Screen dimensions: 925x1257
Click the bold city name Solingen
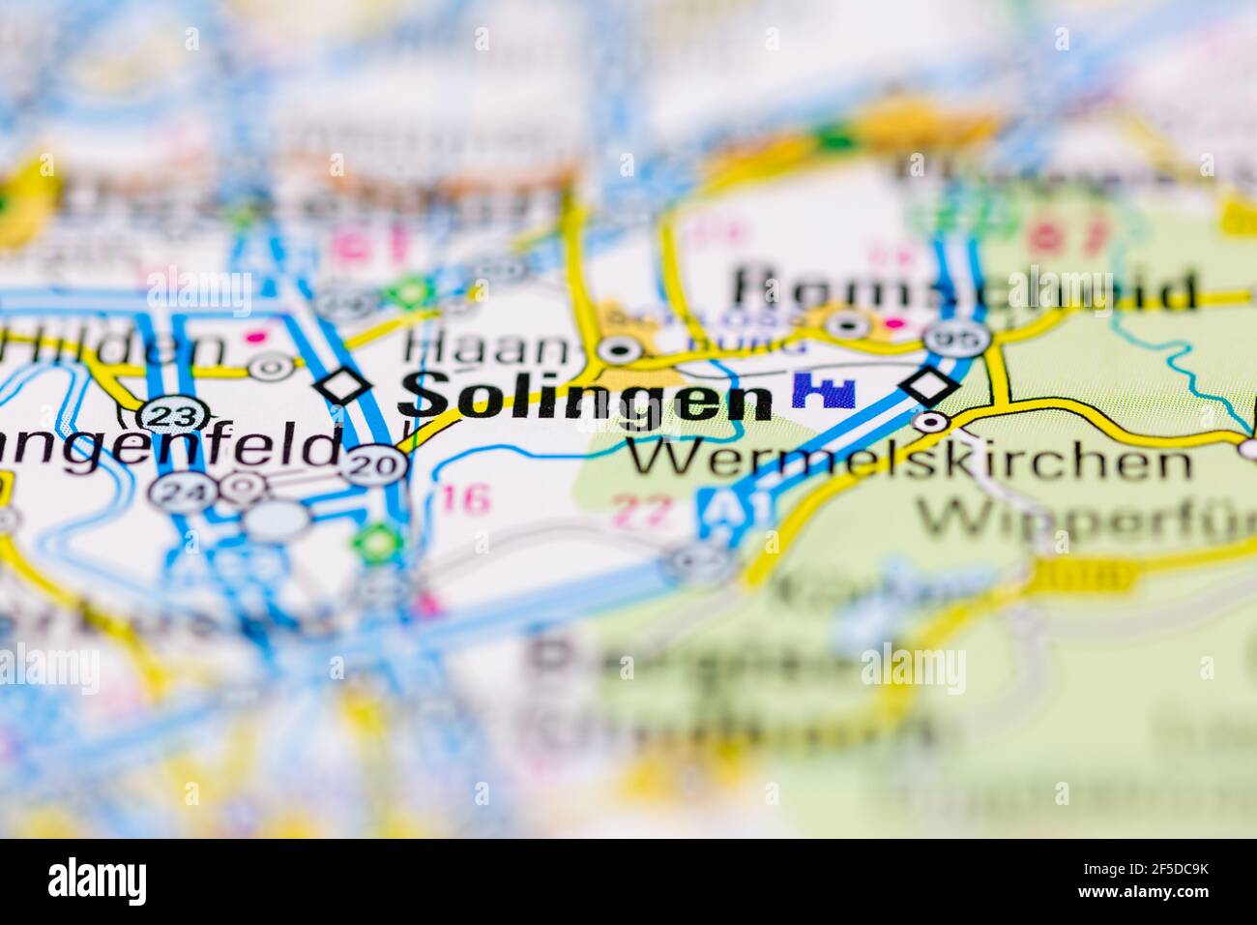[x=586, y=397]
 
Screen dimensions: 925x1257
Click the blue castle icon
[x=823, y=391]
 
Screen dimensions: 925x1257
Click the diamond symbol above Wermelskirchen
[x=928, y=385]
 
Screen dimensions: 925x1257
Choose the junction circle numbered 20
[x=374, y=465]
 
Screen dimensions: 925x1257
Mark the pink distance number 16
[x=465, y=498]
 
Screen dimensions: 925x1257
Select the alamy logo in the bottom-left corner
[x=98, y=880]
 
